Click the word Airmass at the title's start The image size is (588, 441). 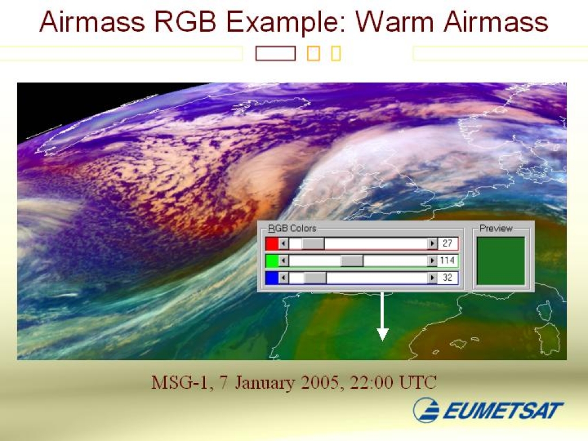92,22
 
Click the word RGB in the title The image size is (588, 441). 185,22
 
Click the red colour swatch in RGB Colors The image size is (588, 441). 272,243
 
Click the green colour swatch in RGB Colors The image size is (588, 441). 272,261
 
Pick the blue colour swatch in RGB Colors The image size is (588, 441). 272,278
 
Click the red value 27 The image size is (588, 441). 447,243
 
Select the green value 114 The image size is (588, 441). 447,260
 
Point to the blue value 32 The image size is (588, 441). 447,277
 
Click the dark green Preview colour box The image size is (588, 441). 501,261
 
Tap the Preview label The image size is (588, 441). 496,229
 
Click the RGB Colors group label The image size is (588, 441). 292,229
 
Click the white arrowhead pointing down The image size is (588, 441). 382,334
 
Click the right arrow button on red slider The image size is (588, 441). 432,243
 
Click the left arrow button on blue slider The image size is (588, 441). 284,278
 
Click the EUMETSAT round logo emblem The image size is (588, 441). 427,410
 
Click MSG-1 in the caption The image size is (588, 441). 179,383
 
